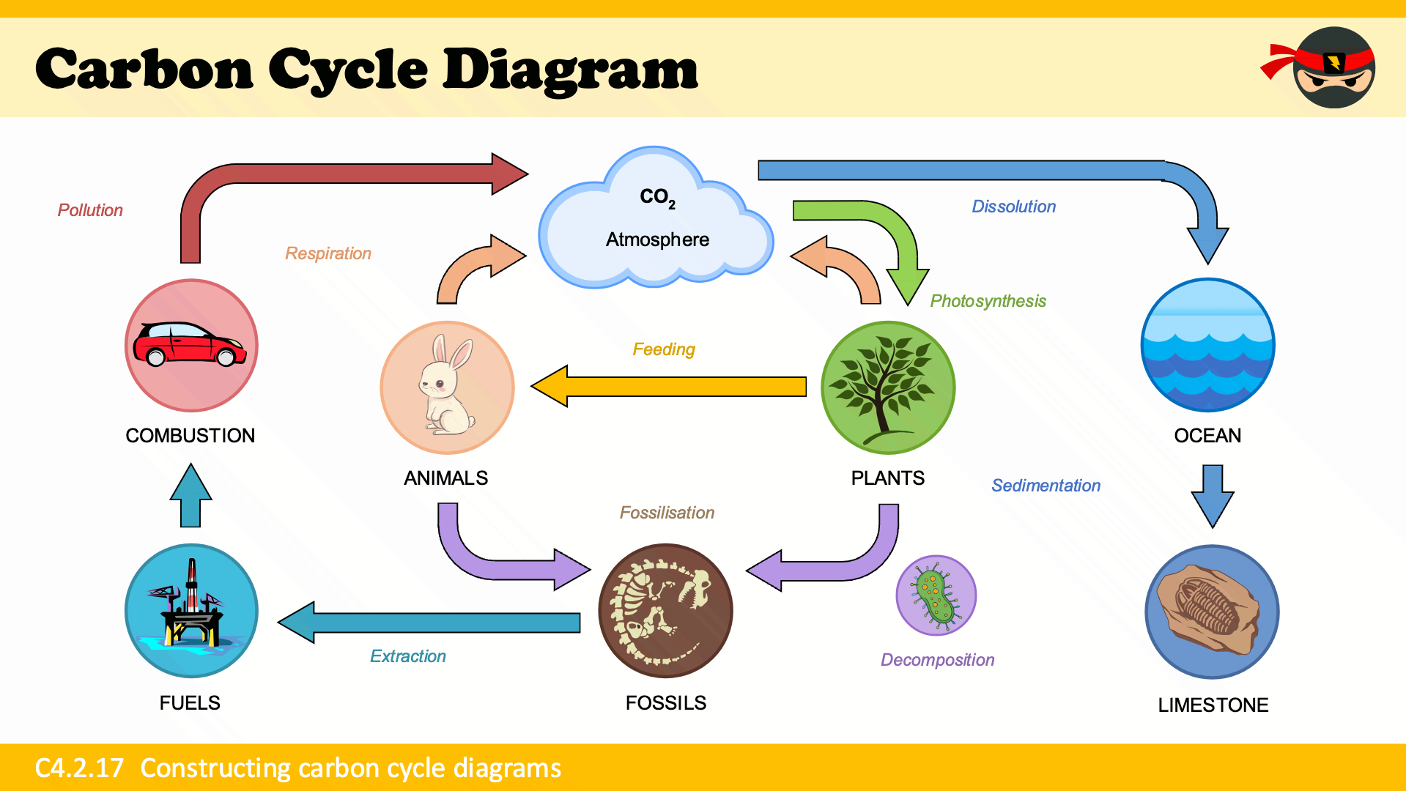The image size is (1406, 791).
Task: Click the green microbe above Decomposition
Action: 936,595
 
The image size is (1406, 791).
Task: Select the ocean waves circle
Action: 1207,344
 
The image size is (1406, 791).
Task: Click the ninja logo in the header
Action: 1330,67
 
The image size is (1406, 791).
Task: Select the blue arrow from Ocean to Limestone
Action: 1213,494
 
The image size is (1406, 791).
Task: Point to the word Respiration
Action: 328,253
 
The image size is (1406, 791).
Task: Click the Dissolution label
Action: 1013,207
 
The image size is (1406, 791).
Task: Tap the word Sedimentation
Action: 1046,486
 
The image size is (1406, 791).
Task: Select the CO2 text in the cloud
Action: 657,197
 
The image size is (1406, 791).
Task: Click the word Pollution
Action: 90,210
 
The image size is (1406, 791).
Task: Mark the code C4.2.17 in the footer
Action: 79,768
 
